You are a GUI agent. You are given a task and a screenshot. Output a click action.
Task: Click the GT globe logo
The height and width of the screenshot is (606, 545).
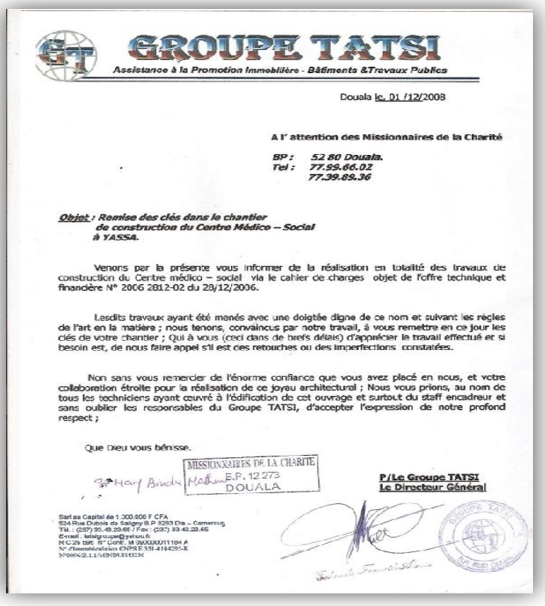[x=65, y=55]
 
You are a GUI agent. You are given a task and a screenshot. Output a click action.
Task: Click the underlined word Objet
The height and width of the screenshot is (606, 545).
[x=73, y=217]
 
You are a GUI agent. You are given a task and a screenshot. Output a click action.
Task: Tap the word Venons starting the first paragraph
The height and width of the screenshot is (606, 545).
[x=112, y=268]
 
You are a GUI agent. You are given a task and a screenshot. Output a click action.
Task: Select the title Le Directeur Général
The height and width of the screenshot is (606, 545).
[x=432, y=487]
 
